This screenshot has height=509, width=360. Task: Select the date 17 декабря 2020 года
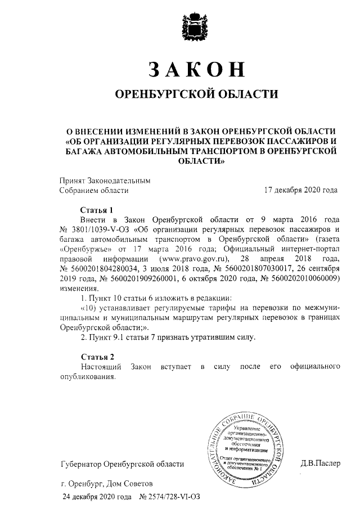301,190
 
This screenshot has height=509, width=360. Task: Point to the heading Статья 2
97,357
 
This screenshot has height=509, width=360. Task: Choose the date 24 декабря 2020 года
97,497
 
